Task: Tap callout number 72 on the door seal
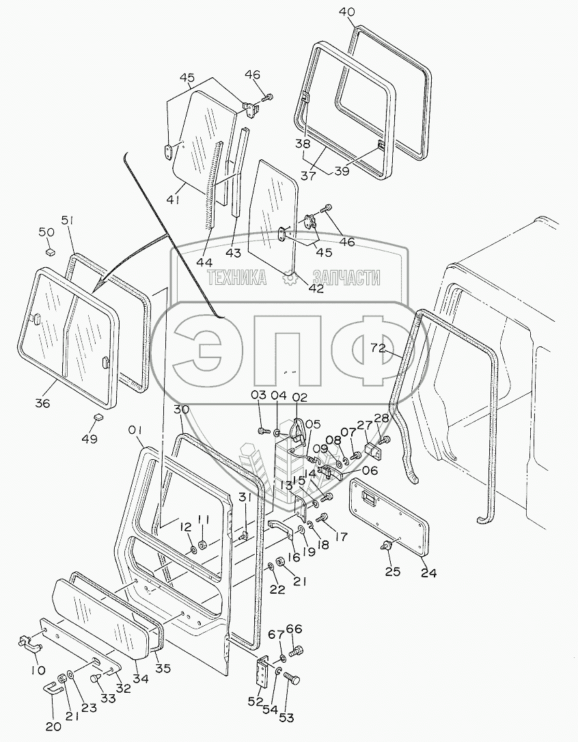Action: tap(379, 348)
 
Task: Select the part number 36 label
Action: tap(42, 403)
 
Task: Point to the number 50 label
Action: tap(47, 233)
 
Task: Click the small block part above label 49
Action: tap(97, 417)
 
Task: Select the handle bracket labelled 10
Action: tap(29, 642)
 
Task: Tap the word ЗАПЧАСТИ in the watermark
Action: tap(346, 277)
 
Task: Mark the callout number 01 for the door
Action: tap(135, 430)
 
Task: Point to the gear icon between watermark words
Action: tap(290, 277)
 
